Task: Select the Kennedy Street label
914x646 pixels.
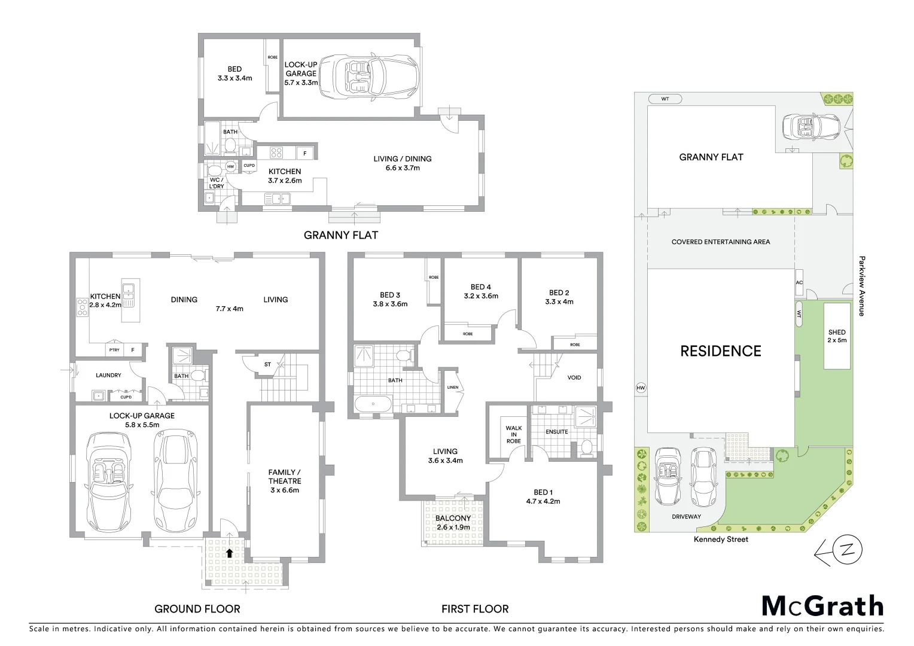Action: (721, 539)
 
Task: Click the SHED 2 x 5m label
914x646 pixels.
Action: (837, 336)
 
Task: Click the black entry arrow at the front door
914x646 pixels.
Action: (229, 553)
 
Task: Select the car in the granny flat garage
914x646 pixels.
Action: (367, 77)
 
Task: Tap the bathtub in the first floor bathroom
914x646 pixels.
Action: (373, 404)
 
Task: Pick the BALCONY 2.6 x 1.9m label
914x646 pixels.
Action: (453, 522)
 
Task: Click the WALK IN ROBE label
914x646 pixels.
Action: (513, 435)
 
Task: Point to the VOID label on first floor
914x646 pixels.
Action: (574, 377)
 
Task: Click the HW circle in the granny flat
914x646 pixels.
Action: (230, 167)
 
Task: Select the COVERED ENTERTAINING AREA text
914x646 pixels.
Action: (720, 242)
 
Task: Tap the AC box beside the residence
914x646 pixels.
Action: (799, 283)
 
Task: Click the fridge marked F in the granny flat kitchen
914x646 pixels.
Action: (305, 153)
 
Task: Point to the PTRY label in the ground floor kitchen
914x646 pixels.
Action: (114, 351)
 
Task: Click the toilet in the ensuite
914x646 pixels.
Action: (586, 447)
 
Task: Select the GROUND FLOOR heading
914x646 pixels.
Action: (197, 609)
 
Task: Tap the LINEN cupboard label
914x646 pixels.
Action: (453, 387)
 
